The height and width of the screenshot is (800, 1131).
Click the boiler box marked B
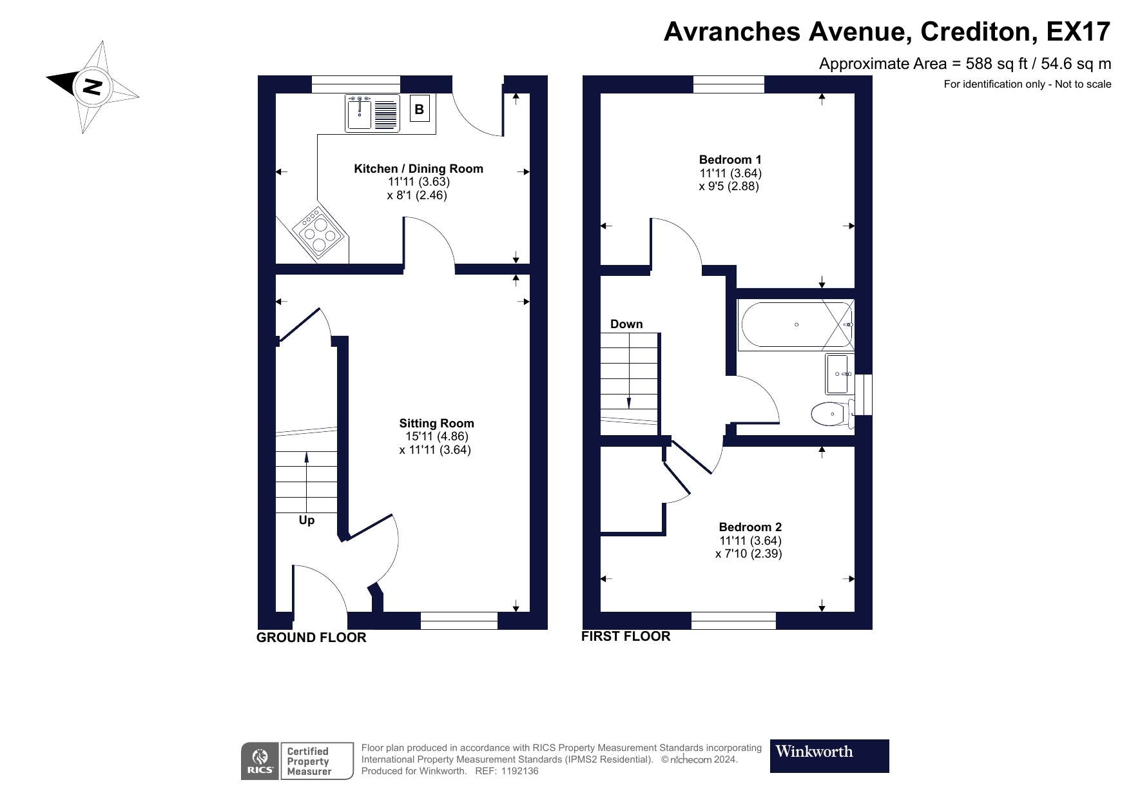(419, 110)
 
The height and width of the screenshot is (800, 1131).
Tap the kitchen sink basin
(359, 114)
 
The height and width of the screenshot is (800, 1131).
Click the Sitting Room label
(436, 424)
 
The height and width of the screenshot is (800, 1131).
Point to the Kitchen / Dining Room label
(418, 169)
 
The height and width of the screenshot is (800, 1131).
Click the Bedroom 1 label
(730, 160)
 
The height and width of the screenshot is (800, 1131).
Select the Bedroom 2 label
(750, 527)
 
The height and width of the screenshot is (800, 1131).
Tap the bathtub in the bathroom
(797, 325)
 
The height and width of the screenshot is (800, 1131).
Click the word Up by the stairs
(307, 520)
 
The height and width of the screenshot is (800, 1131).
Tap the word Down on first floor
(626, 324)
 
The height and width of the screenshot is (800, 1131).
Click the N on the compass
(93, 86)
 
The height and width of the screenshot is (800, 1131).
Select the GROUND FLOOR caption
(311, 638)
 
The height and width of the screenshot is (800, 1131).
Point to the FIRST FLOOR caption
(626, 636)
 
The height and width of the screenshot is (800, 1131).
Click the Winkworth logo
(829, 756)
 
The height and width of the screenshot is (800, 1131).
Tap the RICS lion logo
(260, 761)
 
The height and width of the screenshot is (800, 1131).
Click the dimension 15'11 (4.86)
(436, 436)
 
